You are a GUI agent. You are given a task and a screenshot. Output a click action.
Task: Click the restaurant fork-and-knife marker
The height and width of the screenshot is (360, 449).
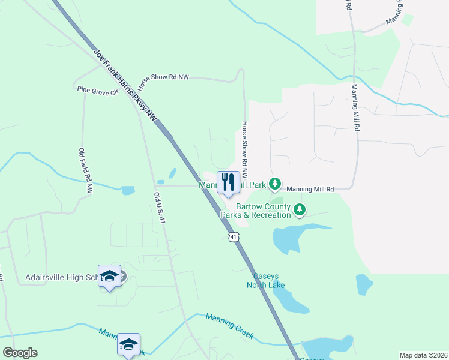pos(228,182)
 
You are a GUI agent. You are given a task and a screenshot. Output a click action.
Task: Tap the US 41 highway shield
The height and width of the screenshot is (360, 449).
pos(234,238)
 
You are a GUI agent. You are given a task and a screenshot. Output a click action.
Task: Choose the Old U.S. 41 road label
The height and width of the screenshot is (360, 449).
pos(158,208)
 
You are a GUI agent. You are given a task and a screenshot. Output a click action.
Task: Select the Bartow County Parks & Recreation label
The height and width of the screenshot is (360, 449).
pos(255,211)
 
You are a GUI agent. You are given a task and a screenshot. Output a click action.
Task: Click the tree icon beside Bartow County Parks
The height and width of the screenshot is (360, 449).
pos(300,209)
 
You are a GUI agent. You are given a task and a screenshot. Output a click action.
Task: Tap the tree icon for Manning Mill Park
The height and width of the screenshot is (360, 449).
pos(275,183)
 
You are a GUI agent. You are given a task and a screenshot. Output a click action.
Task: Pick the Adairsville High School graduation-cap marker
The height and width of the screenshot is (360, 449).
pos(109,277)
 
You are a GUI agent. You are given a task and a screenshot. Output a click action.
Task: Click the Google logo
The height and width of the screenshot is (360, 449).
pos(20,353)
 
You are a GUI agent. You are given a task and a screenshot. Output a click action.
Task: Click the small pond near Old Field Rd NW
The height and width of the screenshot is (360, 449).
pos(128,191)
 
